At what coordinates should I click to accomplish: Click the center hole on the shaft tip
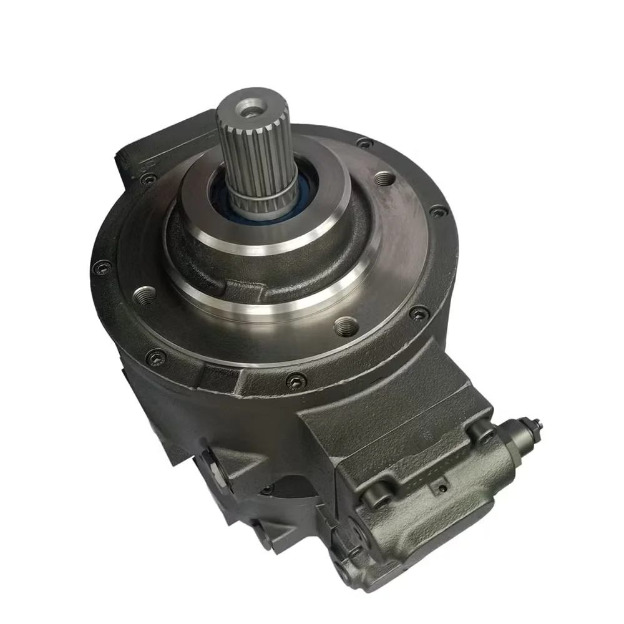(251, 111)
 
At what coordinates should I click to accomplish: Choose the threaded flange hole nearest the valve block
(346, 325)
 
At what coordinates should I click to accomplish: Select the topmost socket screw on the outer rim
(364, 144)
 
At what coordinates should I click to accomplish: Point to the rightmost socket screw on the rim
(439, 210)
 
